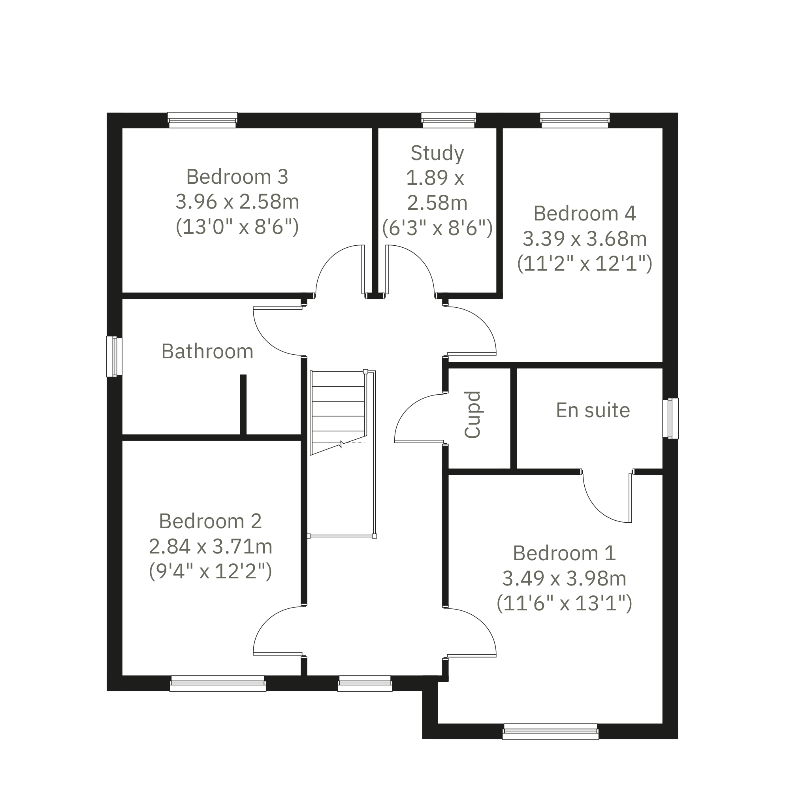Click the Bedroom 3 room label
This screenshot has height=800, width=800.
coord(237,177)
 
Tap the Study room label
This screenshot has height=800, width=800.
coord(437,154)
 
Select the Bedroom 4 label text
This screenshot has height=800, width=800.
coord(584,213)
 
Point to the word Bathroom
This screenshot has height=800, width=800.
coord(207,351)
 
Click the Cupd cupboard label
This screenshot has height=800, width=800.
coord(472,414)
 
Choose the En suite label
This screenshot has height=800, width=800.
coord(593,410)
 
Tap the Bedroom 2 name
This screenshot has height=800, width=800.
coord(210,521)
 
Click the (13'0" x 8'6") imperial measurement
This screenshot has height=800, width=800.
coord(237,227)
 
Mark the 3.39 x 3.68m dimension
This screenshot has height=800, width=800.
coord(584,239)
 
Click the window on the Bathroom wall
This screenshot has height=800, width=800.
coord(114,356)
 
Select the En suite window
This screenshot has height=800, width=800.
coord(670,418)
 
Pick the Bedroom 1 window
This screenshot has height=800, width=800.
coord(550,732)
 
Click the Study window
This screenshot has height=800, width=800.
coord(448,120)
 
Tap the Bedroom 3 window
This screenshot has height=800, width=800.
coord(203,120)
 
